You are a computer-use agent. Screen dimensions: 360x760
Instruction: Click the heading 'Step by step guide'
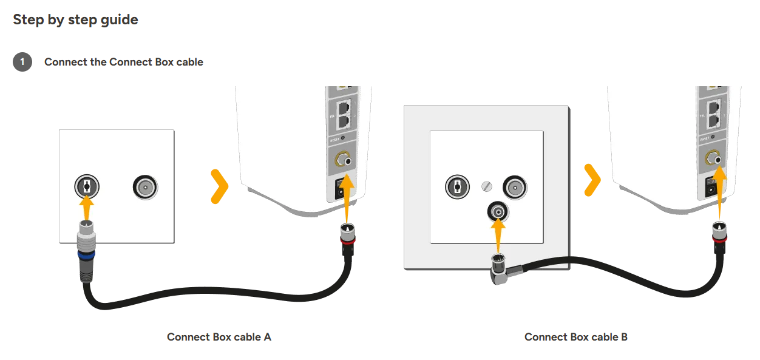coord(75,19)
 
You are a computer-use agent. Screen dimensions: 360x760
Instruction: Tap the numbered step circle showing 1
coord(22,62)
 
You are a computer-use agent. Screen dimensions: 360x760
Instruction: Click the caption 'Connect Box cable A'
coord(219,337)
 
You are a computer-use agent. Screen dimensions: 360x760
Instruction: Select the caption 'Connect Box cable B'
coord(575,337)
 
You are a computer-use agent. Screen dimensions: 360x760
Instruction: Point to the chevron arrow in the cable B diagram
coord(592,180)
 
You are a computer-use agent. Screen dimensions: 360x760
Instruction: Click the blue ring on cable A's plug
coord(85,257)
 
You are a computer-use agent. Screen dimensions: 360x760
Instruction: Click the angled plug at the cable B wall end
coord(501,270)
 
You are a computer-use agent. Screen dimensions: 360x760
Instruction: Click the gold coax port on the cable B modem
coord(715,160)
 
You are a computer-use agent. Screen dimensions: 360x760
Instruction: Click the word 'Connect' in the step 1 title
coord(66,62)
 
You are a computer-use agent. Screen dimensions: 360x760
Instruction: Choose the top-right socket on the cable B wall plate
coord(515,187)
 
